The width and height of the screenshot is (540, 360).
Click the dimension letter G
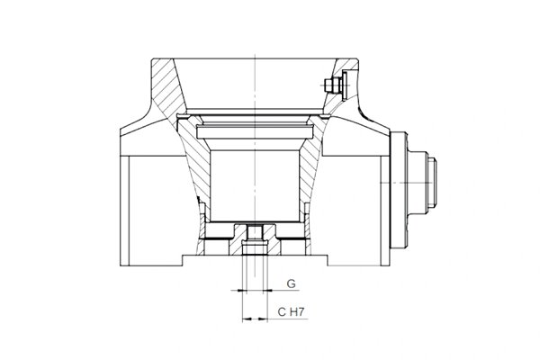coord(291,283)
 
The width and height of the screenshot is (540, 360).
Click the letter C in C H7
coord(282,312)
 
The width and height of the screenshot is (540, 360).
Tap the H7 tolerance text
coord(297,312)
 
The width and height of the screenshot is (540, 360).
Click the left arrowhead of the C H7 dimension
coord(246,319)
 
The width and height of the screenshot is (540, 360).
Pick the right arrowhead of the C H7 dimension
coord(264,319)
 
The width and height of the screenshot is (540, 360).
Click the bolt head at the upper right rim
coord(331,85)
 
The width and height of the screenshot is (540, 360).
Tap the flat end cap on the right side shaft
coord(432,183)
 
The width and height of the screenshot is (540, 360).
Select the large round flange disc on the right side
coord(399,189)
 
